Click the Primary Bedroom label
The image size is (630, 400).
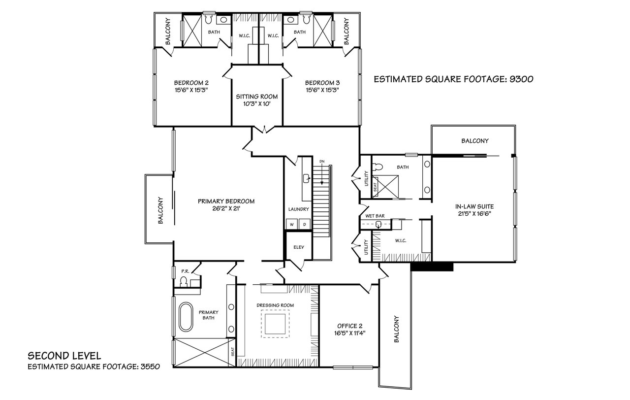coord(226,201)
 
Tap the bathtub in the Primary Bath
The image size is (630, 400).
coord(186,317)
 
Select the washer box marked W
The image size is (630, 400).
coord(292,224)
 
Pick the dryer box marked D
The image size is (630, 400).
coord(304,224)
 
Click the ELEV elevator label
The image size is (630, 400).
coord(299,247)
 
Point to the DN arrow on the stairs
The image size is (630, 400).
coord(322,174)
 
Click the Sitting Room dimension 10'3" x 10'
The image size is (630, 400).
coord(257,104)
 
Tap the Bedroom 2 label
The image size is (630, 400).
coord(191,83)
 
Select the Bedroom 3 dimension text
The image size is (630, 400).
coord(322,90)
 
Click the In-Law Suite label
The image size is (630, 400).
coord(474,206)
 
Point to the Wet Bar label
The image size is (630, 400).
coord(375,216)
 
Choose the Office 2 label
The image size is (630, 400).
coord(350,326)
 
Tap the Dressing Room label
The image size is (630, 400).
coord(275,305)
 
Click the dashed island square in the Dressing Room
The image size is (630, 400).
coord(275,324)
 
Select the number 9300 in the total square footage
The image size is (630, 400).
coord(521,79)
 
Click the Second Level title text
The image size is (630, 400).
coord(64,356)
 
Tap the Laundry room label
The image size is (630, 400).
coord(298,209)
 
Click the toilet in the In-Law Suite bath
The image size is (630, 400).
coord(378,167)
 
